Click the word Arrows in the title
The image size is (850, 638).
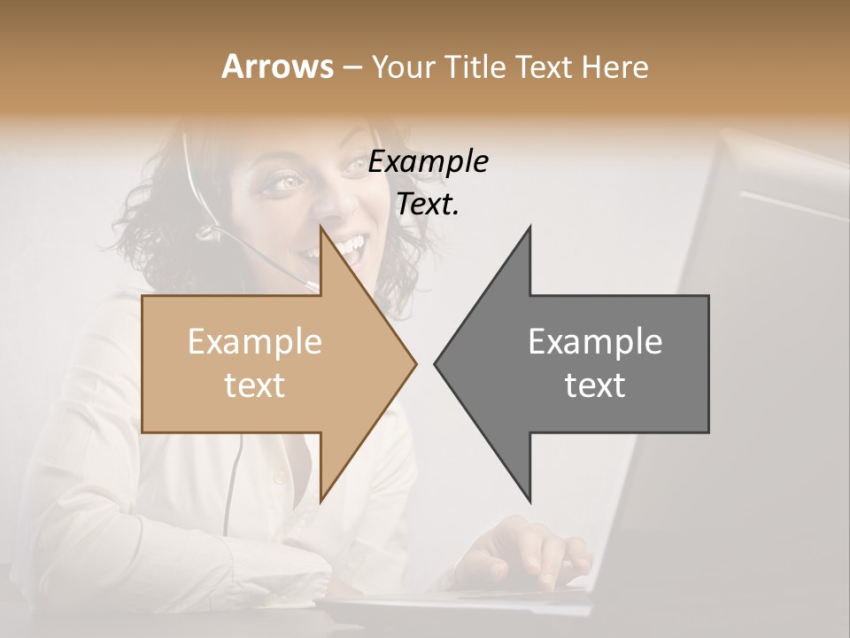coord(277,66)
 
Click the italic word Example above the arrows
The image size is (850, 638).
coord(429,162)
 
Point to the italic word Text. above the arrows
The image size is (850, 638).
coord(429,205)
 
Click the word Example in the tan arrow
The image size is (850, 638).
coord(255,342)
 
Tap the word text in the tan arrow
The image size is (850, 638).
coord(255,385)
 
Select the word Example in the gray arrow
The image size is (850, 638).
coord(595,342)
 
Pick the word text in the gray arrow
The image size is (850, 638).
coord(595,385)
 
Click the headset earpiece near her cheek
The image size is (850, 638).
coord(209,232)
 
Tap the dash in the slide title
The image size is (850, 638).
coord(352,67)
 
